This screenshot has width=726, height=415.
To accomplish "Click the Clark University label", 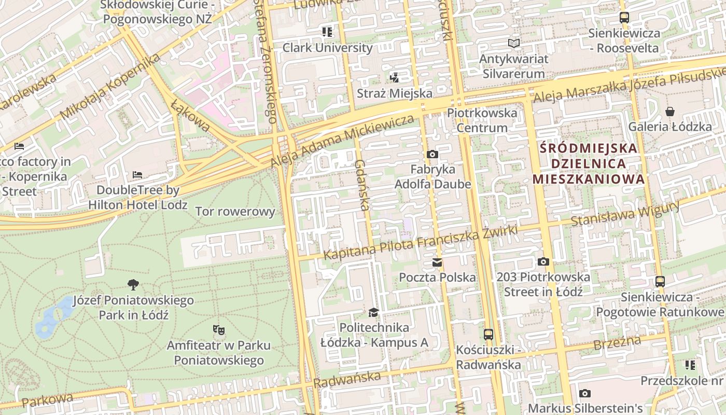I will (x=327, y=48).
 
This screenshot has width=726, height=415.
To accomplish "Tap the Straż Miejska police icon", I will (x=394, y=78).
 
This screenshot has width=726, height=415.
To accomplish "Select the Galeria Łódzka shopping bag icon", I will (x=670, y=112).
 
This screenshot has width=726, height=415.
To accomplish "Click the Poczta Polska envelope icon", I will (x=437, y=262).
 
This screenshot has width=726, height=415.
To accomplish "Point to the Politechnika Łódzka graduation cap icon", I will (x=373, y=312).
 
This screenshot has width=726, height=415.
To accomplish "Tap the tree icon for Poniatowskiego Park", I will (x=133, y=284).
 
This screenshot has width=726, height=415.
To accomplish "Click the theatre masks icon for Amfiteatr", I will (x=219, y=329).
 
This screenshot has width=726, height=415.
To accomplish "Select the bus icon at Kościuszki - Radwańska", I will (x=488, y=335).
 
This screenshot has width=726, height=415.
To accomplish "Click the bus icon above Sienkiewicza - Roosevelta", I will (x=624, y=18).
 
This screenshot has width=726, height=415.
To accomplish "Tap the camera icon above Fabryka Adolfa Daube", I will (x=432, y=154).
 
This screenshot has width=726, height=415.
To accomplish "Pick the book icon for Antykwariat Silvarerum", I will (x=513, y=44).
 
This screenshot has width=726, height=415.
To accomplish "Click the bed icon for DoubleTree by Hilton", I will (x=137, y=175).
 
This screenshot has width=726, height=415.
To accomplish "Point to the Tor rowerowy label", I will (x=235, y=212).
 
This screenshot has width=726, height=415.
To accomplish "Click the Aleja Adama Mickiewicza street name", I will (x=342, y=141).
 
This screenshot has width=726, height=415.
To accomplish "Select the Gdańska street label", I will (x=362, y=185).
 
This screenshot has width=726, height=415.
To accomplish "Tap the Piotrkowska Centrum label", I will (x=482, y=120).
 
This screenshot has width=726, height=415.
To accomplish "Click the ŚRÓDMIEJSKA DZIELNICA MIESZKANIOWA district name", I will (x=588, y=163).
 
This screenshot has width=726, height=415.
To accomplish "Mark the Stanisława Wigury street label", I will (x=624, y=213).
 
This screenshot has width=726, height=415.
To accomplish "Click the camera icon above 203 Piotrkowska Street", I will (x=543, y=261).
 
